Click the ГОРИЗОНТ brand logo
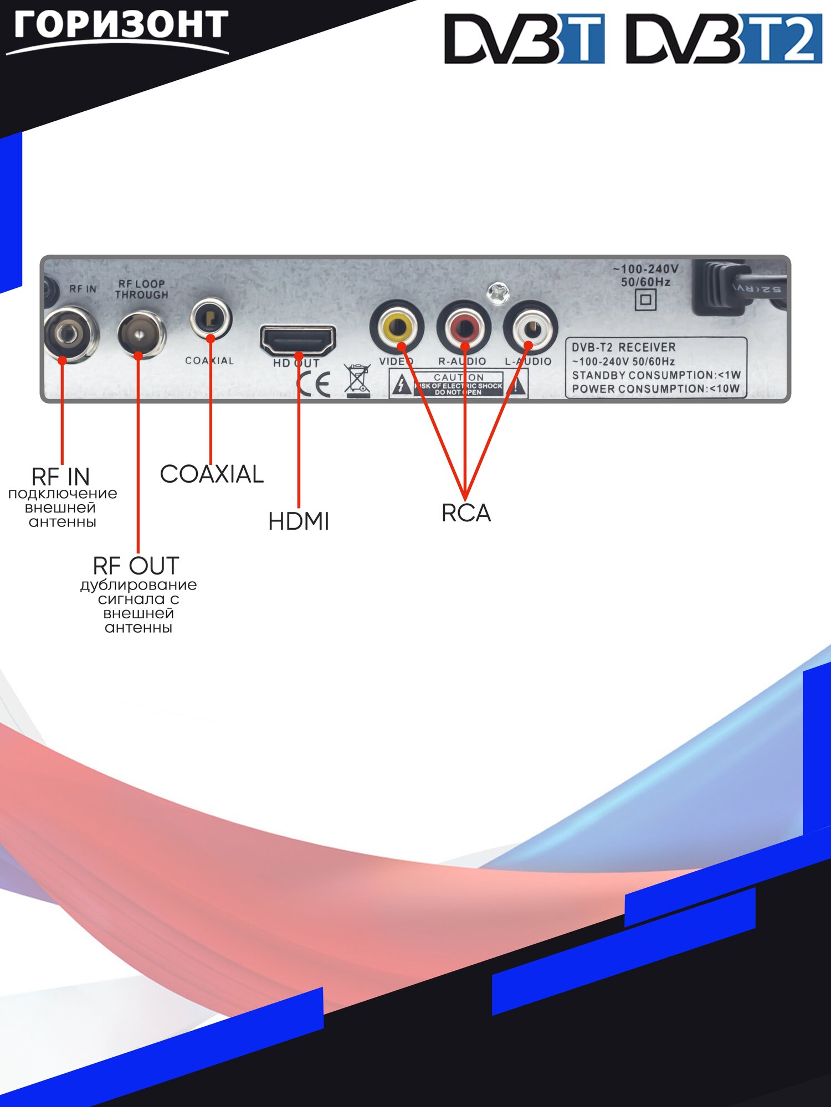[x=119, y=28]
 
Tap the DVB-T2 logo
[x=724, y=39]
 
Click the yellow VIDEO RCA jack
[x=397, y=327]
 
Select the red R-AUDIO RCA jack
[x=464, y=327]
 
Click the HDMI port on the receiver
[x=298, y=340]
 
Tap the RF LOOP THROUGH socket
[x=141, y=335]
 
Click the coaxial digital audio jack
[x=211, y=318]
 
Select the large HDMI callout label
[x=299, y=521]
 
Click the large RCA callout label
[x=466, y=513]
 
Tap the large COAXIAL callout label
[x=212, y=474]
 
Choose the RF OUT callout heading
[x=136, y=566]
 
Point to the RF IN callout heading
[x=60, y=477]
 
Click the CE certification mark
[x=315, y=383]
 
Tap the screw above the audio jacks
[x=497, y=293]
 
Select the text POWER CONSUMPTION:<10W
[x=655, y=389]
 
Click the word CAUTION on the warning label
[x=459, y=377]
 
